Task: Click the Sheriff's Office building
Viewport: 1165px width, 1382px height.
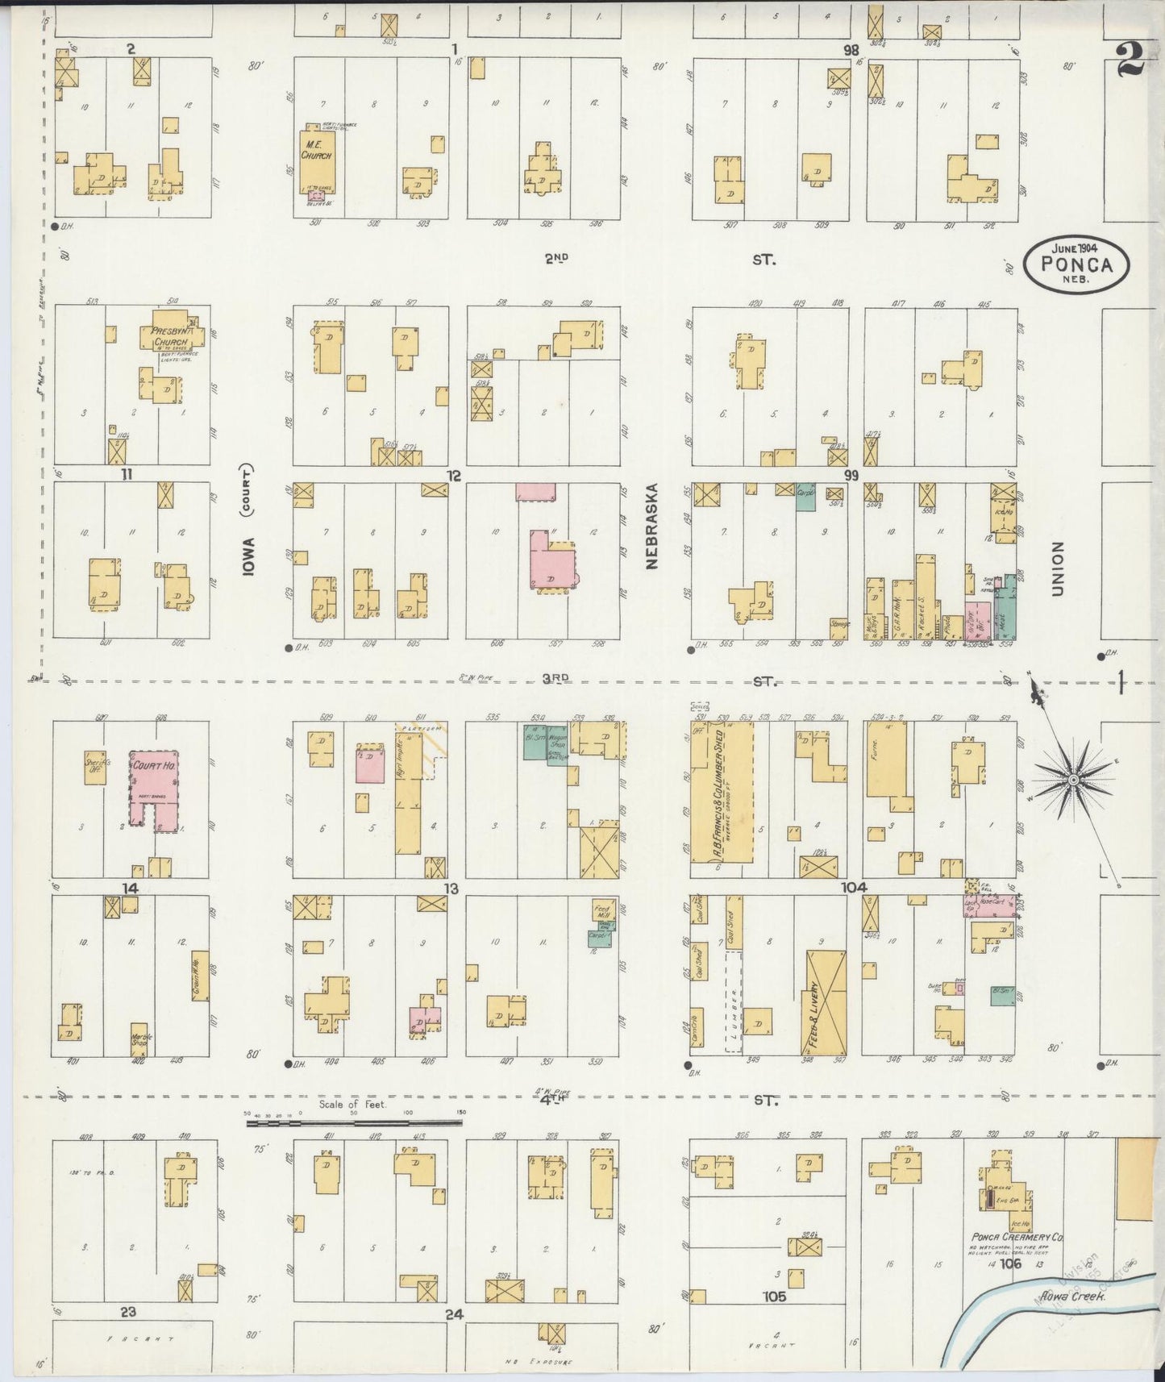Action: [x=96, y=767]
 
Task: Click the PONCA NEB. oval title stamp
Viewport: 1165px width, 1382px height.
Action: [x=1076, y=263]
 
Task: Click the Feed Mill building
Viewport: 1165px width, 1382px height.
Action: [x=603, y=910]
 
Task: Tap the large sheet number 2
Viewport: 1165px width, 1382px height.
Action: [x=1130, y=58]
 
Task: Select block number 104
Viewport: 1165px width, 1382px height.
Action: [x=854, y=887]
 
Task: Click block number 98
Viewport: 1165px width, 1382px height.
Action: [x=851, y=50]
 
